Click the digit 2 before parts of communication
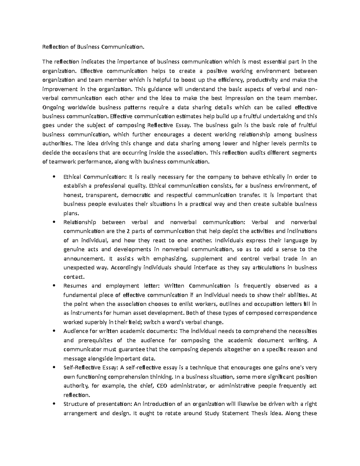(126, 231)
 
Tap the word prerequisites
(96, 340)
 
